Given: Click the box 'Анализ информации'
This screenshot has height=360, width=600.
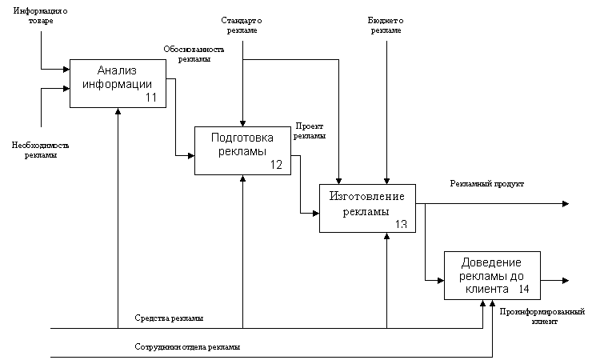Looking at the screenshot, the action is coord(118,83).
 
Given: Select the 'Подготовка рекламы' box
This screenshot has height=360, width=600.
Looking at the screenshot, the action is coord(242,150).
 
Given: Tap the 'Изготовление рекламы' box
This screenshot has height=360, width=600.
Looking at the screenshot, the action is coord(367,209).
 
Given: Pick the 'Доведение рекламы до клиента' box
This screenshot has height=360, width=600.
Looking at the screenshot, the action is coord(492,275).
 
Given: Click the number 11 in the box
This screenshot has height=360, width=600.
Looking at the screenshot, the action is coord(151,98).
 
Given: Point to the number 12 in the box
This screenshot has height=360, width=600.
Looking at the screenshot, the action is coord(276,165).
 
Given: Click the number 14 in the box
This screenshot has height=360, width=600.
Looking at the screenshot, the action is coord(523,289).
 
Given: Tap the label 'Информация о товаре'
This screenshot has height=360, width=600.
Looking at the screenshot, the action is coord(41,16).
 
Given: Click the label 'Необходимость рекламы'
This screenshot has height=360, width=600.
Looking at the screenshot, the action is coord(41,150).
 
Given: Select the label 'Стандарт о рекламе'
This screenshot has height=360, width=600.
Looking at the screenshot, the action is coord(242,26).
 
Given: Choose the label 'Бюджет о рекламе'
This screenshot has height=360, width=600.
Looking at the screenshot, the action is coord(386,26).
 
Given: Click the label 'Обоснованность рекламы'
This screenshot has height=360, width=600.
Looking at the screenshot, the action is coord(194,54).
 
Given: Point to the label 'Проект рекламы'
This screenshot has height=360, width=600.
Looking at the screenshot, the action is coord(310,131).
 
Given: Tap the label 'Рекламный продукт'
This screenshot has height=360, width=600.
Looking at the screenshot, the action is coord(486,184).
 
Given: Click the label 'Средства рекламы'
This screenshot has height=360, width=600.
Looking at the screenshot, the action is coord(169,318).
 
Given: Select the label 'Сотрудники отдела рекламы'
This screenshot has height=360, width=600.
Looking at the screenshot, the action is coord(187,347).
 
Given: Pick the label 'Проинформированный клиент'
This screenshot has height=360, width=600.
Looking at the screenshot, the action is coord(542,316).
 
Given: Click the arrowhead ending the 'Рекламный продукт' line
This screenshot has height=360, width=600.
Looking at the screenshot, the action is coord(566,204).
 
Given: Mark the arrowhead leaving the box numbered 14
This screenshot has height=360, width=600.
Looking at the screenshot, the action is coord(566,281).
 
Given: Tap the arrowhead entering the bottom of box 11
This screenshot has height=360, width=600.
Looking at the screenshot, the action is coord(118,111).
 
